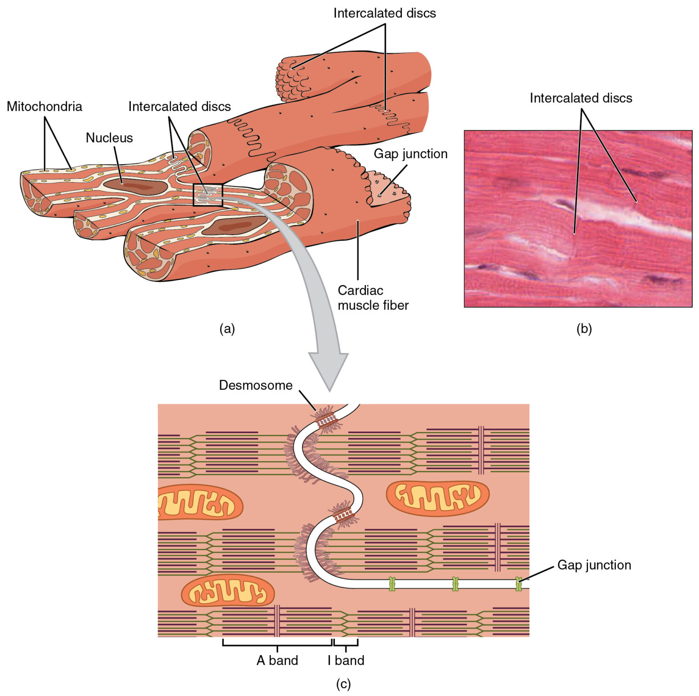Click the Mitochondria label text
point(44,106)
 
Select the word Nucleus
point(109,138)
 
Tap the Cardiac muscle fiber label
point(373,298)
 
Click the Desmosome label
point(256,385)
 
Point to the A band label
point(277,660)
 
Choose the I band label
point(346,660)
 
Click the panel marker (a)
point(227,328)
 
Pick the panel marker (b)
point(584,328)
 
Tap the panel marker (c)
point(343,684)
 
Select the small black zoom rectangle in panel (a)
point(208,195)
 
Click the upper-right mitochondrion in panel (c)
point(437,498)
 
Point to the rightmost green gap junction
point(518,584)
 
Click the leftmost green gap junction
point(392,584)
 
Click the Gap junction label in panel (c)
point(594,565)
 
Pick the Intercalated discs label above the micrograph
point(581,98)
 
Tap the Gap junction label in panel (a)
point(410,154)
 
